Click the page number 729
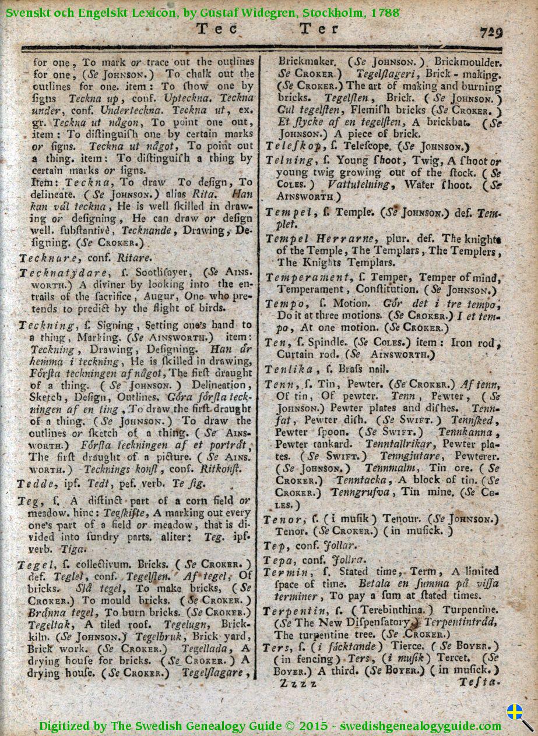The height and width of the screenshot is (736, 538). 491,31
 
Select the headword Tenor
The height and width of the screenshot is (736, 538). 282,519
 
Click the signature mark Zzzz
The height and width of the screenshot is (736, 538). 298,683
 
